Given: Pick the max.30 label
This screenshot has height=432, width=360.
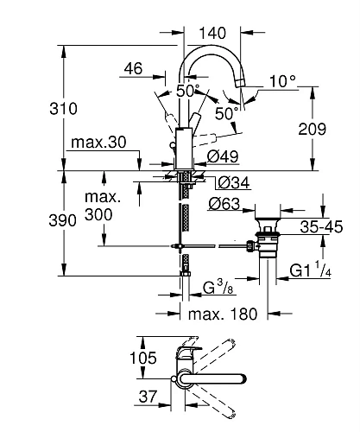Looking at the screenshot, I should [x=99, y=141].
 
